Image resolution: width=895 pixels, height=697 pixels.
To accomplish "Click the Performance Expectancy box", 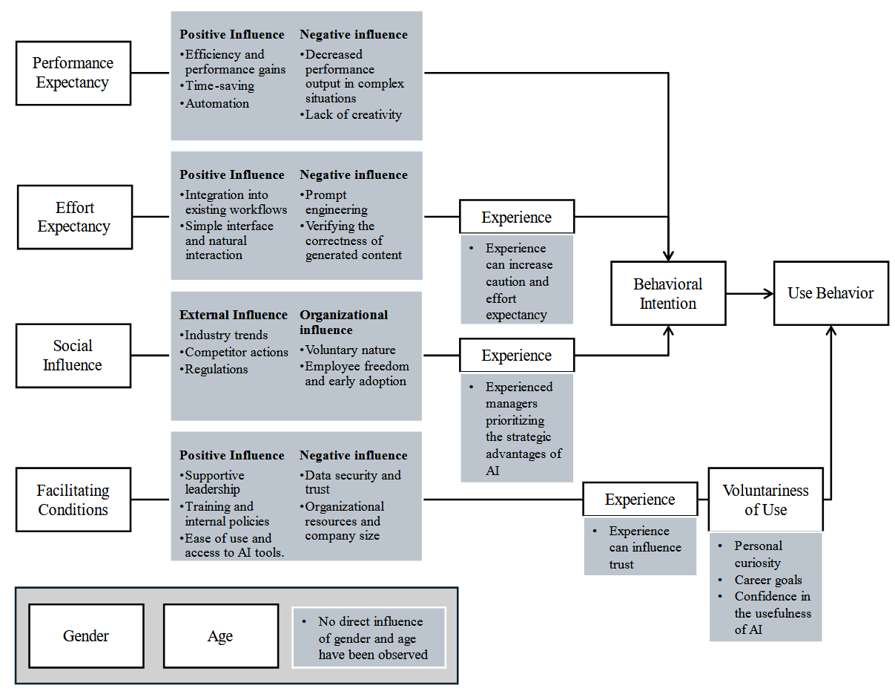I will click(x=73, y=73).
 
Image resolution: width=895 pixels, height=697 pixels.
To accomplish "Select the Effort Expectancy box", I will click(x=73, y=217).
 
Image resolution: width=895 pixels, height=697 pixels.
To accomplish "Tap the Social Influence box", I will click(x=73, y=356).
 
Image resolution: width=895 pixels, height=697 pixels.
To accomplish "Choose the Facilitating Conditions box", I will click(x=73, y=500).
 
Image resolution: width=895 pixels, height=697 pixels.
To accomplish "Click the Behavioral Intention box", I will click(x=667, y=293).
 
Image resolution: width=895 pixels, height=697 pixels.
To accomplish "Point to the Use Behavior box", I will click(x=830, y=293).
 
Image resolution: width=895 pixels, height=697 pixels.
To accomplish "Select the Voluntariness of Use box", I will click(x=765, y=500).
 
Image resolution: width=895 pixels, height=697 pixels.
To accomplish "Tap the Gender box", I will click(x=86, y=636).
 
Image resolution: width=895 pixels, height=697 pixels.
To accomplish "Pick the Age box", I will click(x=220, y=636).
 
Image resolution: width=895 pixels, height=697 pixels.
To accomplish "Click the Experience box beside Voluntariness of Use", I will click(x=639, y=500).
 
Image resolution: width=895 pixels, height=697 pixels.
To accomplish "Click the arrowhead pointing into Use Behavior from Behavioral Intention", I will click(x=769, y=294).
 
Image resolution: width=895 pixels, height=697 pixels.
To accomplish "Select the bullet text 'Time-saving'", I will click(x=219, y=86).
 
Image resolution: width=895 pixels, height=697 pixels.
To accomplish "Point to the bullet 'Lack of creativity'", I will click(x=353, y=115).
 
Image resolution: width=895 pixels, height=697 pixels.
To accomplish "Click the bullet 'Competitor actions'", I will click(x=236, y=353).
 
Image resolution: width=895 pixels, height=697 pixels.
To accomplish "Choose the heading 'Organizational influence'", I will click(x=343, y=322).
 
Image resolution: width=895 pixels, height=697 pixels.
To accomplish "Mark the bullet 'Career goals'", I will click(x=768, y=580).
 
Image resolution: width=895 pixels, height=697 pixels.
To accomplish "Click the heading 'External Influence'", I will click(x=233, y=315).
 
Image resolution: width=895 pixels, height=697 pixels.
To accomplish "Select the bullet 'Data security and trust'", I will click(x=352, y=482).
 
